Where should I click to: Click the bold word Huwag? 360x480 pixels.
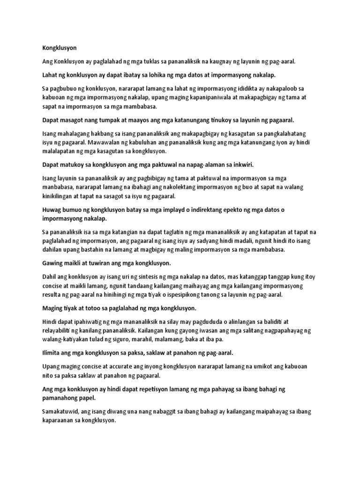[52, 210]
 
